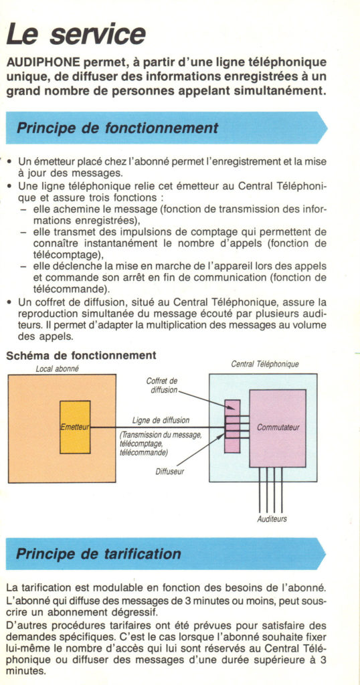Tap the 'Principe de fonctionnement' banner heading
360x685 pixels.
tap(117, 128)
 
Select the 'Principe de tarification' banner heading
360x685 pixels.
tap(98, 554)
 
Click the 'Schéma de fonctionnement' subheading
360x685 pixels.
tap(81, 355)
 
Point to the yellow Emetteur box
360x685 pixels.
tap(75, 427)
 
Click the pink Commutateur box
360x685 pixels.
tap(278, 428)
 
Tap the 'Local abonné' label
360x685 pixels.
tap(58, 369)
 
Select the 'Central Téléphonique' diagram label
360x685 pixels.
tap(265, 364)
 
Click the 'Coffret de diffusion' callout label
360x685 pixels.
tap(163, 385)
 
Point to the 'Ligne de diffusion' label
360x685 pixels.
tap(161, 420)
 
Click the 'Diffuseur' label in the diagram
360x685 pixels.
tap(170, 472)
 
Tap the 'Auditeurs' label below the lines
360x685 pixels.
tap(272, 519)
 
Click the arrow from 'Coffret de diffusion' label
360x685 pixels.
tap(207, 400)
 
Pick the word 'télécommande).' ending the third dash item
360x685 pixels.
tap(71, 289)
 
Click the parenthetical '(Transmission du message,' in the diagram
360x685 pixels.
tap(161, 435)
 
